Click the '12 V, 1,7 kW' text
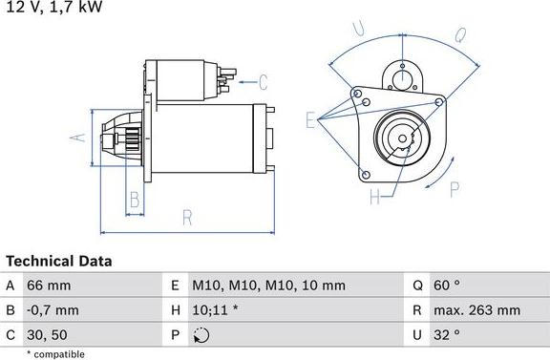(52, 8)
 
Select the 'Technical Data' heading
(59, 261)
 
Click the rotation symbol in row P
(201, 335)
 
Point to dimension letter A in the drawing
(80, 138)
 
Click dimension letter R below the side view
(187, 217)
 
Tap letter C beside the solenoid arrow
(263, 82)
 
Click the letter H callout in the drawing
(374, 197)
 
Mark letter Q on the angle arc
(459, 36)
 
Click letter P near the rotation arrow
(454, 187)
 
